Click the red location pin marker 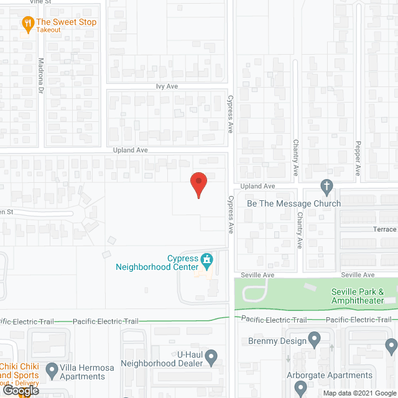click(198, 185)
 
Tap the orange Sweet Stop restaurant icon click(27, 24)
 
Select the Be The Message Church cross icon click(326, 186)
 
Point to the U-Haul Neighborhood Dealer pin click(211, 358)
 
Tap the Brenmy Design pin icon click(315, 340)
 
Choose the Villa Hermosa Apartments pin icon click(52, 371)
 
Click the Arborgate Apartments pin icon click(301, 388)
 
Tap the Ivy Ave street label click(167, 87)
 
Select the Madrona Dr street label click(41, 76)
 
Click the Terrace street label click(384, 229)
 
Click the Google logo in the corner click(20, 390)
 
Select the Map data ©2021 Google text click(359, 393)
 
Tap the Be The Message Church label click(294, 203)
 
